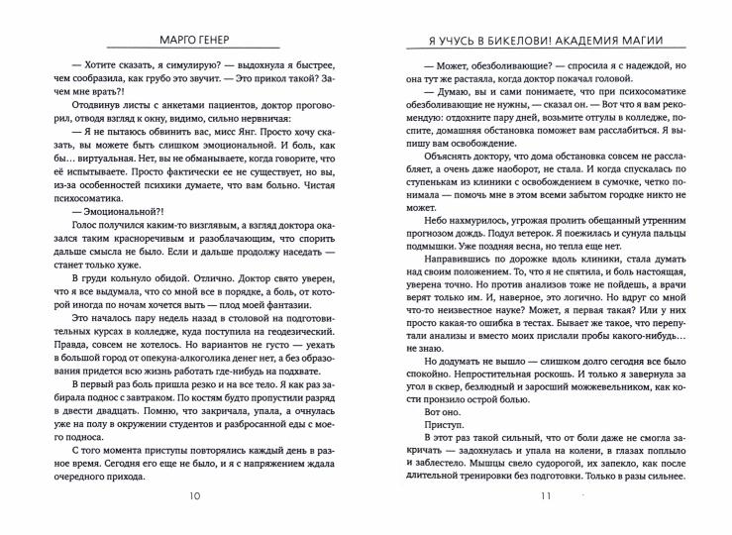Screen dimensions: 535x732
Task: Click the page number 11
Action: (543, 495)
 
